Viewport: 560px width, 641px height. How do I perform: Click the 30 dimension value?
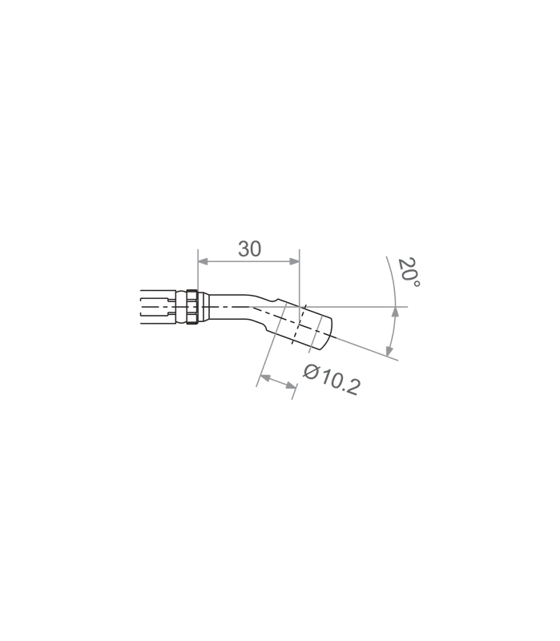pyautogui.click(x=249, y=249)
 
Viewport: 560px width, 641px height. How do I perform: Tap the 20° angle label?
pyautogui.click(x=409, y=272)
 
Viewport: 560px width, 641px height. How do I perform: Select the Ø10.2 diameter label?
pyautogui.click(x=332, y=379)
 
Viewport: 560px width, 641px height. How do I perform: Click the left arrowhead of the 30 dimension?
pyautogui.click(x=203, y=261)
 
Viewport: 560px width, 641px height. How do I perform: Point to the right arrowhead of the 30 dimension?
pyautogui.click(x=294, y=261)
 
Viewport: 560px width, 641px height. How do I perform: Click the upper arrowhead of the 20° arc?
pyautogui.click(x=395, y=312)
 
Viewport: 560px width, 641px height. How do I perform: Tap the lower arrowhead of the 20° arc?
pyautogui.click(x=389, y=351)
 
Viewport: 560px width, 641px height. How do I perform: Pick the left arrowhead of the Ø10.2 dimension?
pyautogui.click(x=265, y=377)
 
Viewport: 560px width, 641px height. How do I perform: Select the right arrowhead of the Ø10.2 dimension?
pyautogui.click(x=292, y=385)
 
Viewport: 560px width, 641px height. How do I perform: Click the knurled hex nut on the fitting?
pyautogui.click(x=192, y=307)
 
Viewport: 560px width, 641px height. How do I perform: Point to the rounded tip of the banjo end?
pyautogui.click(x=328, y=334)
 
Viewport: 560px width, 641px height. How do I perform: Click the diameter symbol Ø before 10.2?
pyautogui.click(x=311, y=371)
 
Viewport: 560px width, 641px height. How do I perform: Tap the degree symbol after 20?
pyautogui.click(x=416, y=284)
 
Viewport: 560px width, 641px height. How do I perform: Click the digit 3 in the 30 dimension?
pyautogui.click(x=244, y=249)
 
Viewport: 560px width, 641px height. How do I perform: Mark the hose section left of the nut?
pyautogui.click(x=157, y=307)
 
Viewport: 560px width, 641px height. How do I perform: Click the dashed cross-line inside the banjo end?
pyautogui.click(x=298, y=325)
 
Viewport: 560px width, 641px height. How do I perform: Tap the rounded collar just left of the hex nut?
pyautogui.click(x=181, y=307)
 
